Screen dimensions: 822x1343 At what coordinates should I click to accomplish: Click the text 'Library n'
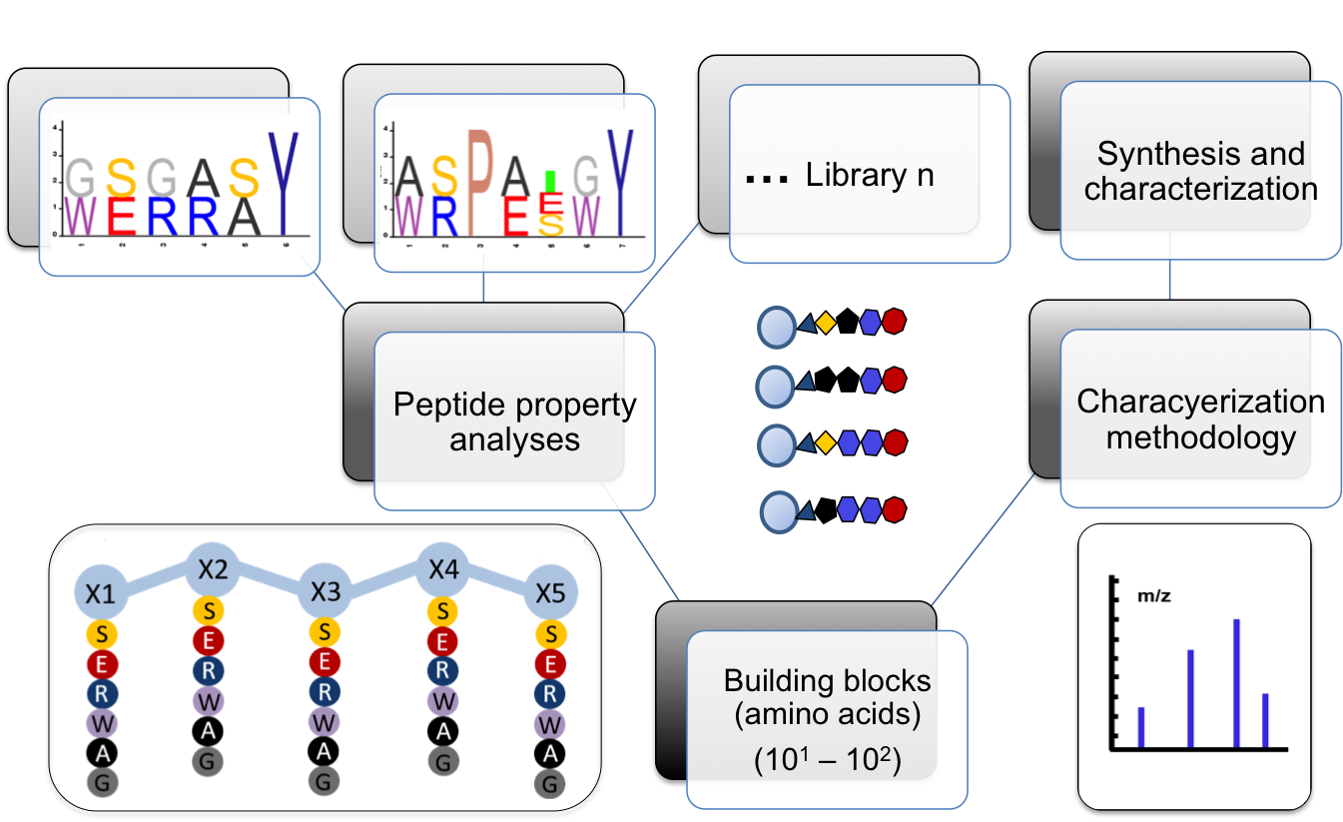[869, 175]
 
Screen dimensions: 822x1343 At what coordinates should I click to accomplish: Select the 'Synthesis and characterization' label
[1200, 172]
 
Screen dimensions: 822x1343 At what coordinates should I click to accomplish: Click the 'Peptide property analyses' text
[514, 421]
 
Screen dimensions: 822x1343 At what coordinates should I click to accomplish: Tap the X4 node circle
[442, 569]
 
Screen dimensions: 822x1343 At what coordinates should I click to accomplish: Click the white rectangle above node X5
[552, 544]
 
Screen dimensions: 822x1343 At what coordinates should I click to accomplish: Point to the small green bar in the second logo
[549, 181]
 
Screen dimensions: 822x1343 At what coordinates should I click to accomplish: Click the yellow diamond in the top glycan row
[826, 323]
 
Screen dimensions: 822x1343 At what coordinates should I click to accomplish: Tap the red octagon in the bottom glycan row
[894, 509]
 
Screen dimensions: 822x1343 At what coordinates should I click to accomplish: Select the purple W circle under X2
[208, 701]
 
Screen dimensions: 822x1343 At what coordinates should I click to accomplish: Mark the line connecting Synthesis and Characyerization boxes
[1169, 281]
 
